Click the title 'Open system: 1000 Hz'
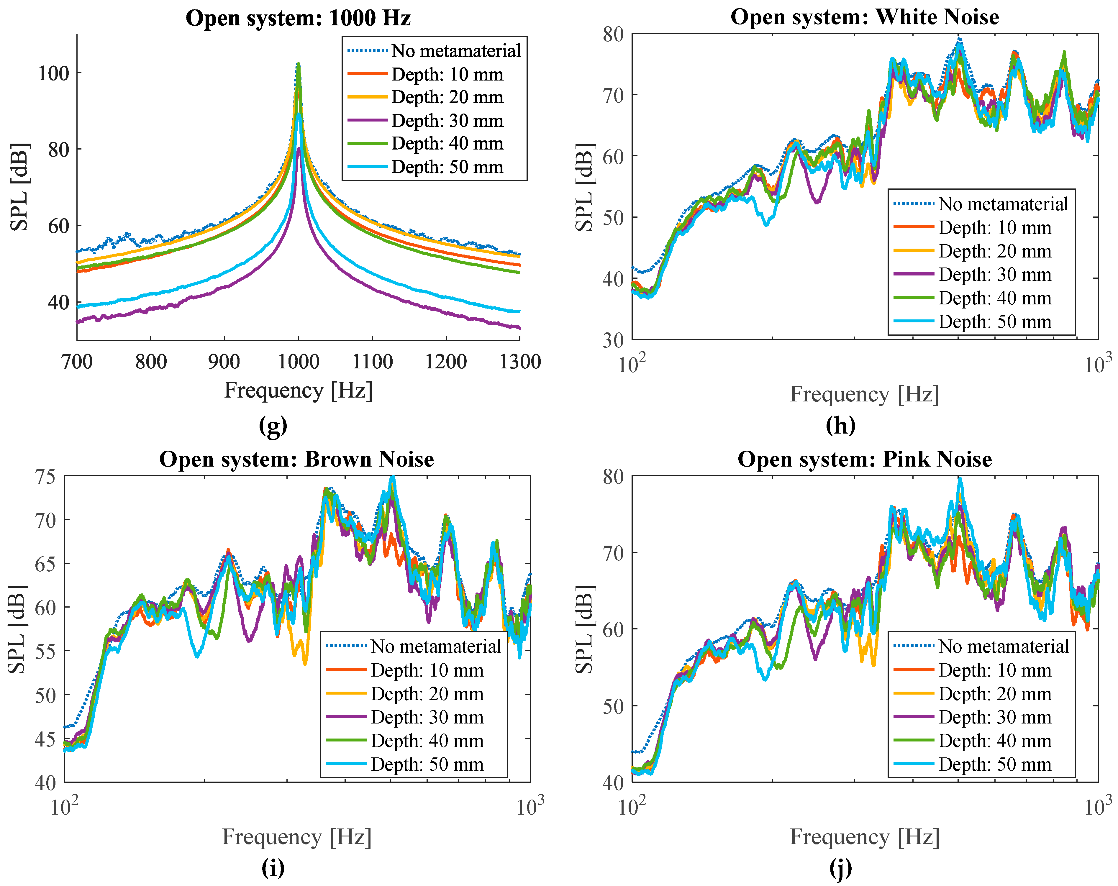click(298, 18)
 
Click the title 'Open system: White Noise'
click(864, 17)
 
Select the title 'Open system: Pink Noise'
click(864, 459)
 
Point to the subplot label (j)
click(840, 868)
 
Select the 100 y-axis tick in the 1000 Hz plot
click(53, 73)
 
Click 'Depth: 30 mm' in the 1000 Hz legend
click(447, 120)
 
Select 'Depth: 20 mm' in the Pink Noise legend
click(995, 694)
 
